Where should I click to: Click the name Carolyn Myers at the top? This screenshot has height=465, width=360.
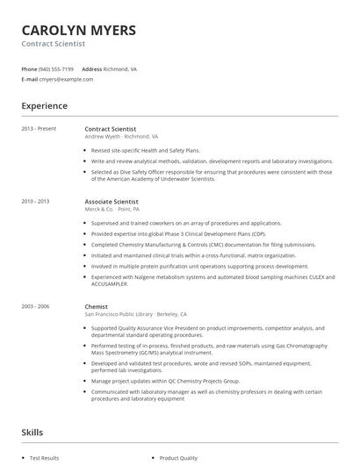click(79, 31)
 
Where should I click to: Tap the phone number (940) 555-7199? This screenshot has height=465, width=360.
click(56, 68)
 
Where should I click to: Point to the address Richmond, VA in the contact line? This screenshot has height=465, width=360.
click(120, 68)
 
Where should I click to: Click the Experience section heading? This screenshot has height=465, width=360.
click(45, 106)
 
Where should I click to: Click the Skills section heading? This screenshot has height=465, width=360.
click(32, 433)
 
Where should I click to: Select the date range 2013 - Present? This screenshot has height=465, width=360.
click(38, 129)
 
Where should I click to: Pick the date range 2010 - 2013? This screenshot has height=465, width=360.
click(36, 201)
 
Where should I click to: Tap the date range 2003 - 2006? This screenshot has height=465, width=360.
click(36, 306)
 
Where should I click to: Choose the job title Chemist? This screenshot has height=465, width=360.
click(96, 306)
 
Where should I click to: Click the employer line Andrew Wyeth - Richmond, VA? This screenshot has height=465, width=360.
click(121, 137)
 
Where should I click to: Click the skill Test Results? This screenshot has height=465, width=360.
click(45, 458)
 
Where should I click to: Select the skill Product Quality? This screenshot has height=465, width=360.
click(178, 458)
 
